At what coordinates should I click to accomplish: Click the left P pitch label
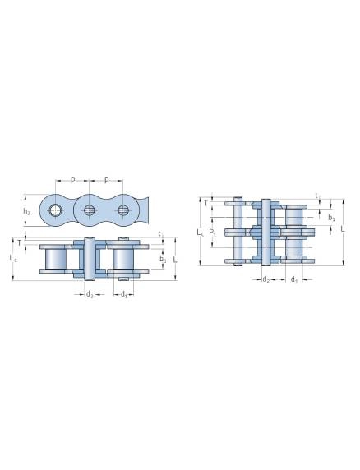tap(72, 181)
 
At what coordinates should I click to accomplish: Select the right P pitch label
tap(106, 181)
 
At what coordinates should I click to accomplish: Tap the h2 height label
tap(26, 211)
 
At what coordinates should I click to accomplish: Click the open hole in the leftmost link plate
tap(55, 210)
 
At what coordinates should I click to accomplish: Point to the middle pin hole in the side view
tap(89, 210)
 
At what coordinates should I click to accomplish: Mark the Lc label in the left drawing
tap(13, 258)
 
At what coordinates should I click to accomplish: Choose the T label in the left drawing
tap(20, 242)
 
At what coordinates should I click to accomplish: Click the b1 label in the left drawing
tap(163, 260)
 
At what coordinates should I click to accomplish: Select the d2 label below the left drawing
tap(90, 295)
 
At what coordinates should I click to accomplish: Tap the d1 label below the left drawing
tap(123, 295)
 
